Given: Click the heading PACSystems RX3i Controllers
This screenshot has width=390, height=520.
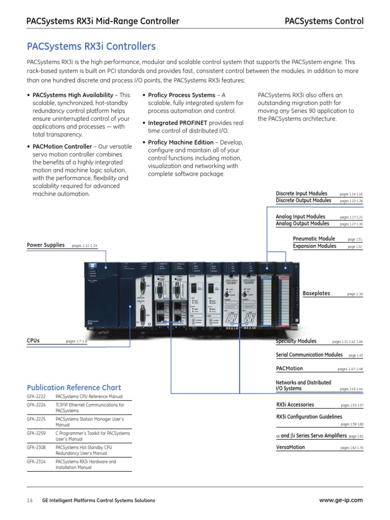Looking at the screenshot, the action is (91, 47).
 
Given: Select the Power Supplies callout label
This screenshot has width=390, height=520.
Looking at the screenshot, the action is (46, 245).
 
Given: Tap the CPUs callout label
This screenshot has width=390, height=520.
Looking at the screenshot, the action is (33, 341).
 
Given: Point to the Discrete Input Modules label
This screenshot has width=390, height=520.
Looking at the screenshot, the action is (302, 193).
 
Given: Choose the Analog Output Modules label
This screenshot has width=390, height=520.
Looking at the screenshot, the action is (302, 223).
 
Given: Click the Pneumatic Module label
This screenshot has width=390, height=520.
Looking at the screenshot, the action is (314, 239).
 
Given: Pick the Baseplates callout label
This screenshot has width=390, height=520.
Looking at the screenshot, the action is (316, 293).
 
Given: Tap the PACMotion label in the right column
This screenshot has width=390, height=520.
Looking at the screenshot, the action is (289, 368).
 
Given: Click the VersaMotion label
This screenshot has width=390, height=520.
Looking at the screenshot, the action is (290, 447).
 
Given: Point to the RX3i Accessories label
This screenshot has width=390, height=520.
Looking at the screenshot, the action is (295, 405).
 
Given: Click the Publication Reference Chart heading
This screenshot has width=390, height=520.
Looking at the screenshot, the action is (74, 387).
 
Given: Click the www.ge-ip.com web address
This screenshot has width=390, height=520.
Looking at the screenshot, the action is (341, 500).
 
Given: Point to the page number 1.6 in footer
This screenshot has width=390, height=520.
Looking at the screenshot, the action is (29, 501).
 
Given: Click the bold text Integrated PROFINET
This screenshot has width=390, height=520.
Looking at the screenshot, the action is (177, 123).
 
